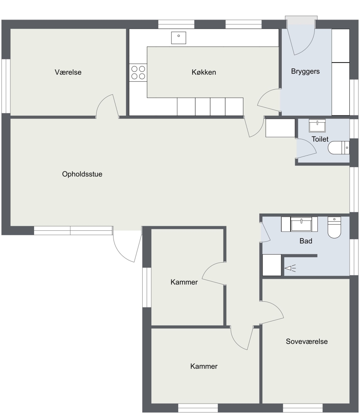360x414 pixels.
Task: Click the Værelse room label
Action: tap(68, 72)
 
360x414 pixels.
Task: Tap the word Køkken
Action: tap(204, 72)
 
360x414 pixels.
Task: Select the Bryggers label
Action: tap(305, 71)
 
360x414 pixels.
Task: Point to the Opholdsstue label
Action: tap(82, 174)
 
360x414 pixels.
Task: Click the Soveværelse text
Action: tap(307, 342)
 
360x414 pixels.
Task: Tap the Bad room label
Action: tap(306, 241)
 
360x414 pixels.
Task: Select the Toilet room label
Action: tap(320, 139)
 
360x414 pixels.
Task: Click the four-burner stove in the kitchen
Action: tap(138, 72)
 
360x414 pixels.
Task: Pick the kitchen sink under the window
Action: tap(179, 38)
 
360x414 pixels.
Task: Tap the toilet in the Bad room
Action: tap(334, 227)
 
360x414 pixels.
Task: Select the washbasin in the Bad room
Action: tap(301, 224)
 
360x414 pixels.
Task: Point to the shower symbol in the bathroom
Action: tap(290, 268)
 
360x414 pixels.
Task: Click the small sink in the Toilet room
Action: tap(317, 126)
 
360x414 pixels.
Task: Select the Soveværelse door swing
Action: tap(272, 312)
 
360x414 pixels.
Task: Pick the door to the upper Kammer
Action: tap(214, 274)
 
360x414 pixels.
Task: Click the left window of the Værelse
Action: tap(6, 86)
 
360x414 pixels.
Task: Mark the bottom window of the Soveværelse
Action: tap(303, 408)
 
